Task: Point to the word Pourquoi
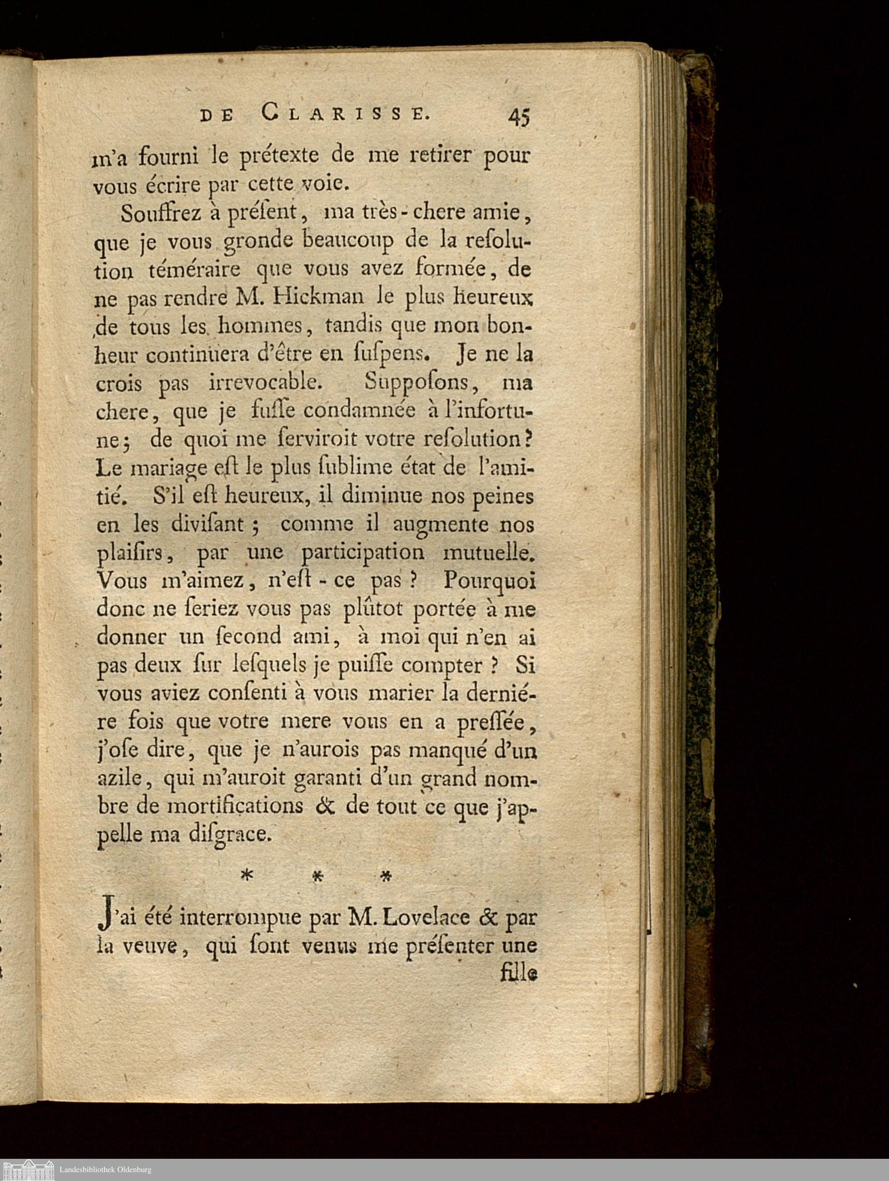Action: pyautogui.click(x=489, y=581)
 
